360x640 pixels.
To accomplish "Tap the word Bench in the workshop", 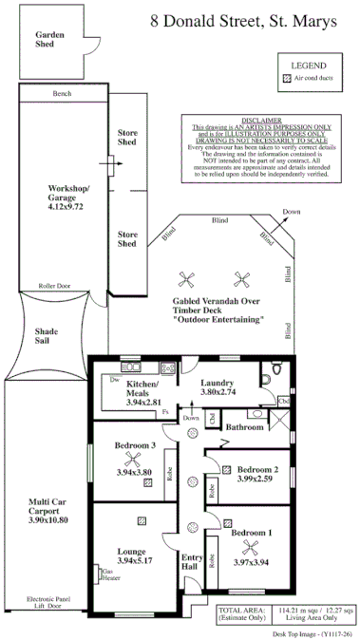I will point(63,94).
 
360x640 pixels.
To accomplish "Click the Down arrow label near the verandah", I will point(292,212).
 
